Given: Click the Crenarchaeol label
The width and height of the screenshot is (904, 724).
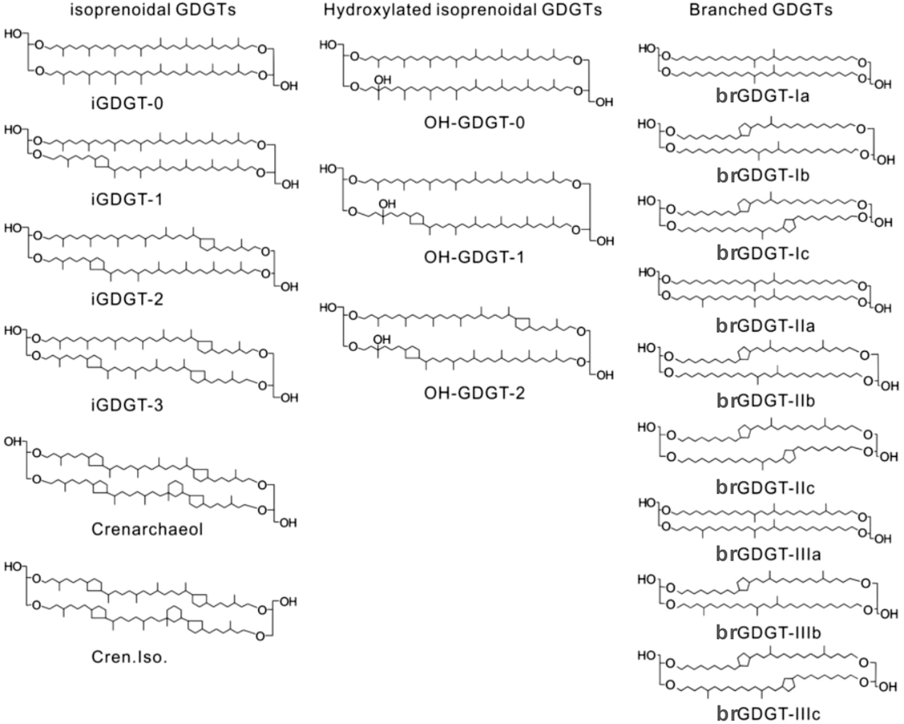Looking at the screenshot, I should [147, 529].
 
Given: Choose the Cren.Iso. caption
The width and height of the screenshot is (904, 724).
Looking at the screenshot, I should [129, 656].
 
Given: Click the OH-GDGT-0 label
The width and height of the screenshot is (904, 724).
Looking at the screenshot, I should [474, 123].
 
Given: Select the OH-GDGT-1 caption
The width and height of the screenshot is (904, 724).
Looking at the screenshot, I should [474, 257].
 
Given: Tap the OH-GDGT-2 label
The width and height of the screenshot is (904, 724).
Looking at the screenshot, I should [474, 394].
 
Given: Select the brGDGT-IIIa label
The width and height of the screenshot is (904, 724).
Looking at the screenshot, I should [768, 553].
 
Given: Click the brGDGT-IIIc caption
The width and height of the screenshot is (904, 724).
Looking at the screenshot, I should [768, 714].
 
